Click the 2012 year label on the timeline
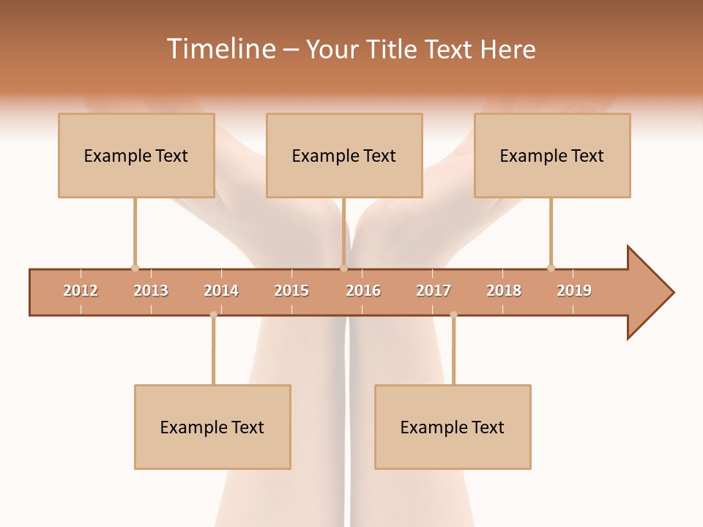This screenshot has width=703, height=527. coord(81,291)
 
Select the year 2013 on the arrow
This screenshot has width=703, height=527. coord(151,291)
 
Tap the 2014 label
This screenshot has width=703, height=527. coord(221,291)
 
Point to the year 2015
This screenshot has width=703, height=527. coord(291,291)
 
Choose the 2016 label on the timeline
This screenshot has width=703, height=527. coord(363,291)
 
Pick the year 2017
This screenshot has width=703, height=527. coord(434,291)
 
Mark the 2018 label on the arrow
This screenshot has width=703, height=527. coord(504,291)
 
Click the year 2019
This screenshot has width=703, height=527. coord(574,291)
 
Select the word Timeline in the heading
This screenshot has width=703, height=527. coord(220,49)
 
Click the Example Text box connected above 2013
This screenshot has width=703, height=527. coord(136,155)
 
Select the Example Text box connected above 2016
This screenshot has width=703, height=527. coord(344,155)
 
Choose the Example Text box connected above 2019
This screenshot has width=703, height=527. coord(552,155)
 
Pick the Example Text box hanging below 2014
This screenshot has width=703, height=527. coord(212,427)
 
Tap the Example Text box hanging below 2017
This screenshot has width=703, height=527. coord(453,427)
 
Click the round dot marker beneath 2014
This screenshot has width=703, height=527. coord(213,315)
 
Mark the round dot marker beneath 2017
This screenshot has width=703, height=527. coord(453,315)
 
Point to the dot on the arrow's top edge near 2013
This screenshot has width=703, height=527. coord(135,268)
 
